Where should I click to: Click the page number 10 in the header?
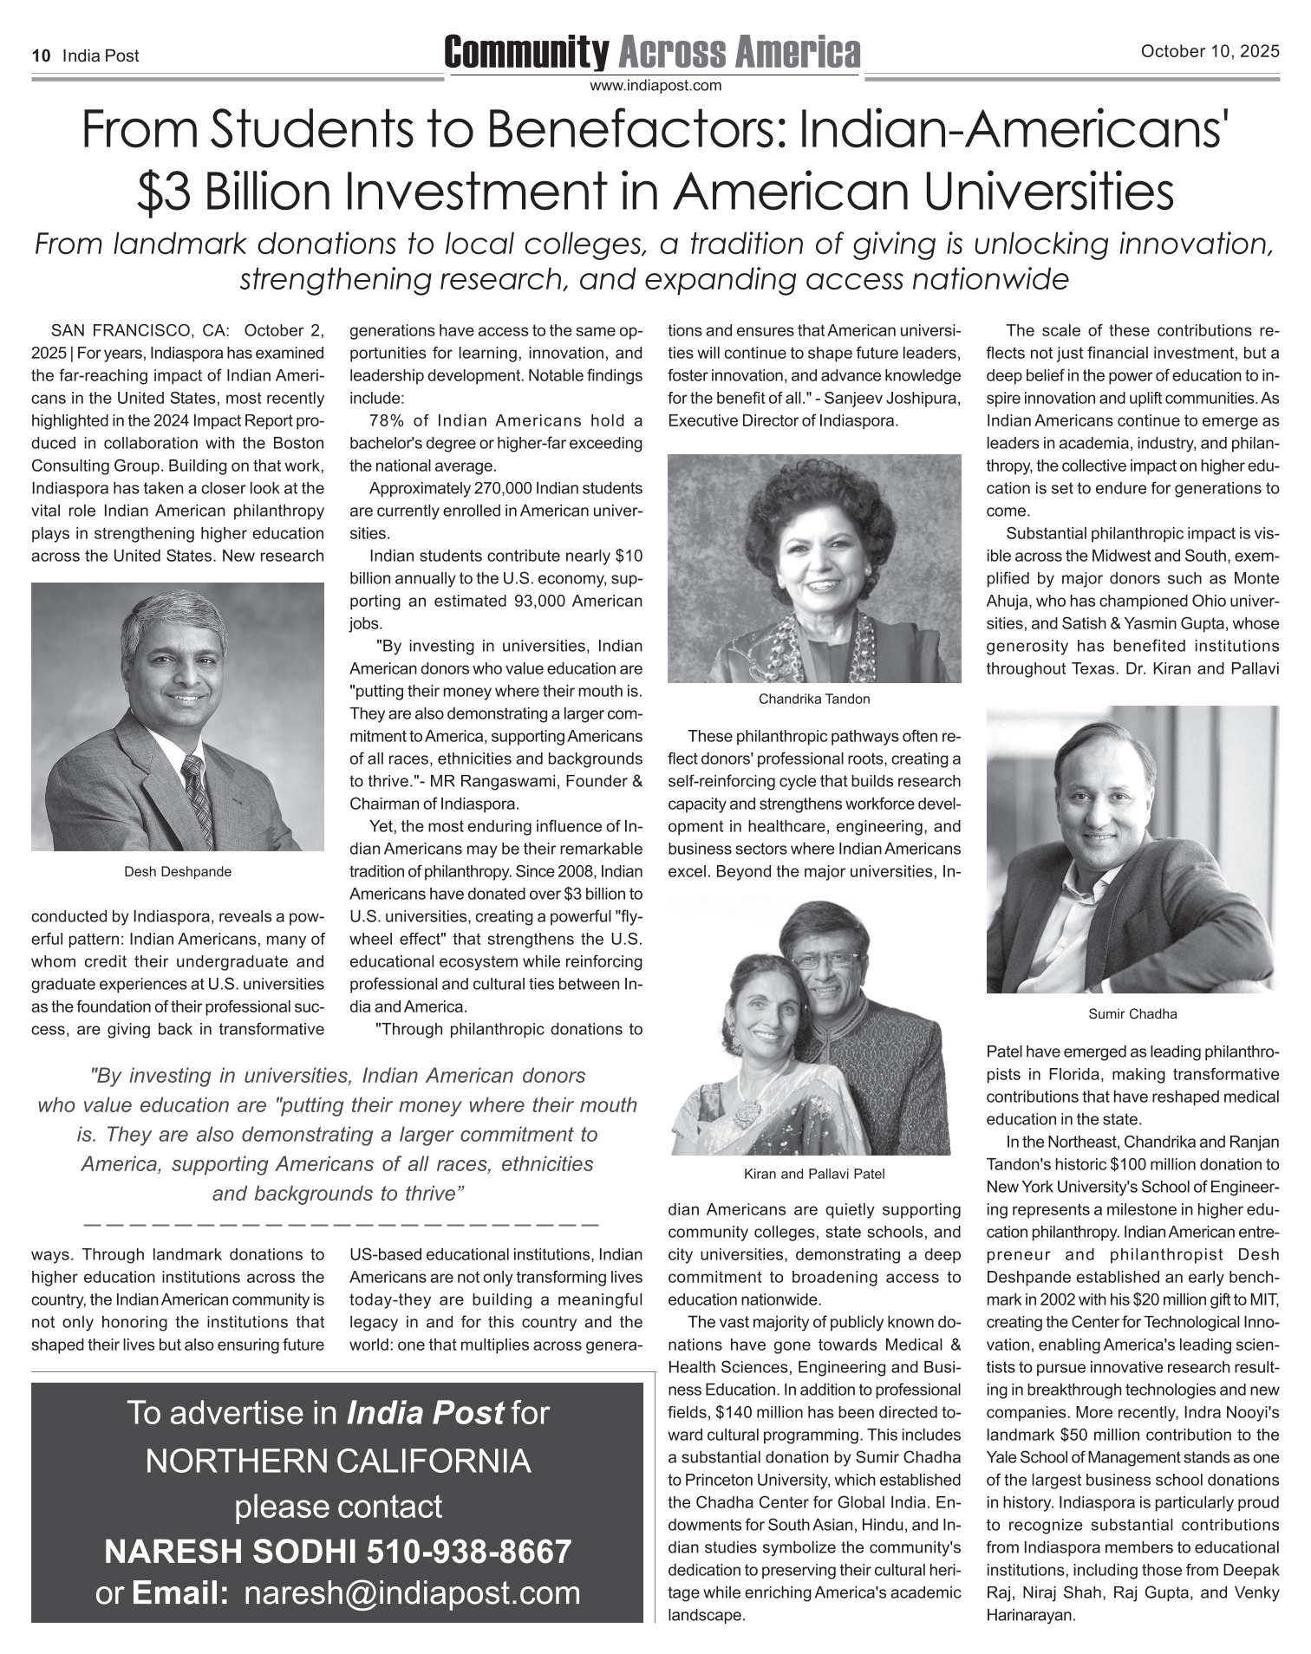click(x=40, y=56)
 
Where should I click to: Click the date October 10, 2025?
click(x=1210, y=51)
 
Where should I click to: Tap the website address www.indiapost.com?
click(x=655, y=86)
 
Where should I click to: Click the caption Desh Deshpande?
click(x=178, y=871)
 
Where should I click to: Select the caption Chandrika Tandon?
click(x=813, y=699)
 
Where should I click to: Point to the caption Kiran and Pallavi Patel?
click(x=813, y=1174)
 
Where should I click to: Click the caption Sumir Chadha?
click(x=1132, y=1013)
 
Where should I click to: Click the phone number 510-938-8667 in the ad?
click(x=469, y=1551)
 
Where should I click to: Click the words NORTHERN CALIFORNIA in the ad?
click(x=338, y=1461)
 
